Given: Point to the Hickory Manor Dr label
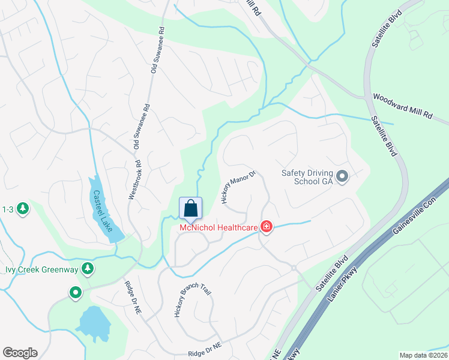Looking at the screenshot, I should coord(239,187).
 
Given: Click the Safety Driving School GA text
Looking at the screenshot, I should coord(307,177).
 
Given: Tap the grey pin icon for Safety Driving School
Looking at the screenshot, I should coord(342,176).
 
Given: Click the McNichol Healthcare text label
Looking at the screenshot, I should coord(218,227).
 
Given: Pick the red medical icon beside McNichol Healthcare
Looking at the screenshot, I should coord(266,227).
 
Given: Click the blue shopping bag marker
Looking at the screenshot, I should coord(191,209).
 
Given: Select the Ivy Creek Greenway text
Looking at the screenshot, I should coord(42,269).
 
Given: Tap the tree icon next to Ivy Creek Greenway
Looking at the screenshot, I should coord(88,268).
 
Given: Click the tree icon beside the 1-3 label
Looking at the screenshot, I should coord(23,209).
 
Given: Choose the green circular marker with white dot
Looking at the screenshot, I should coord(76,293).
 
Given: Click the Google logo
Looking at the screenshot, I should coord(20,353).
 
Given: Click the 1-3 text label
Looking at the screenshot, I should coord(8,209).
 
